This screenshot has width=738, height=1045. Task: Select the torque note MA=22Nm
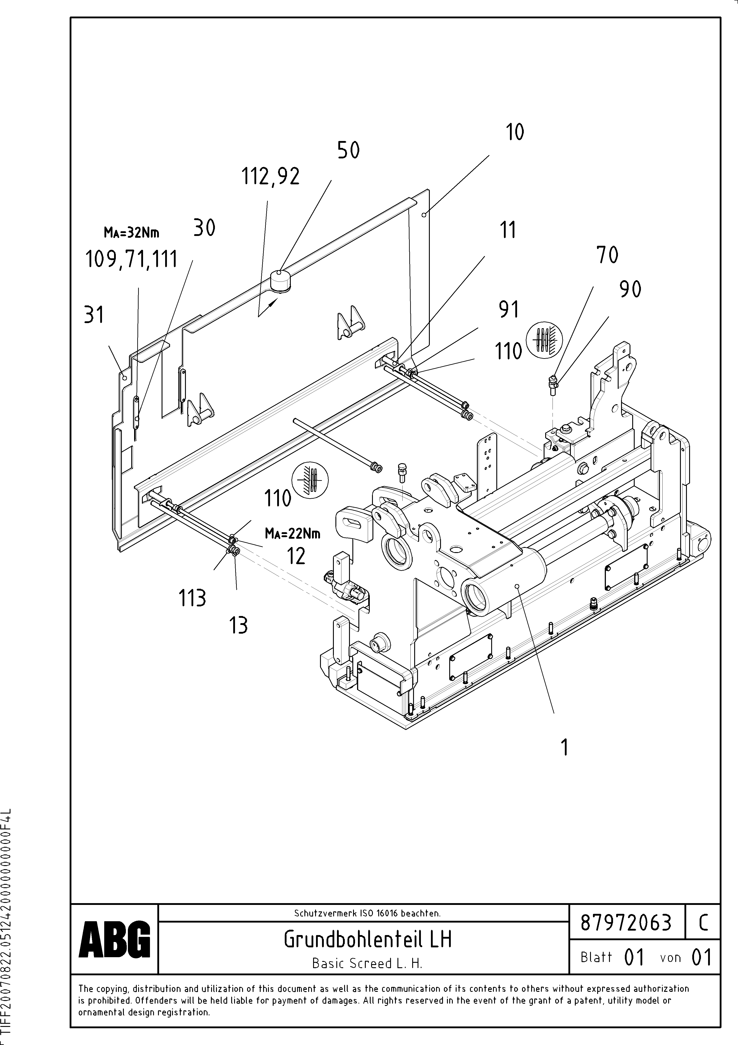click(x=292, y=533)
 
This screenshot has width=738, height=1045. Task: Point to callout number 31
click(x=94, y=315)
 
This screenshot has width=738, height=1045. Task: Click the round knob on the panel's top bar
click(x=281, y=280)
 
